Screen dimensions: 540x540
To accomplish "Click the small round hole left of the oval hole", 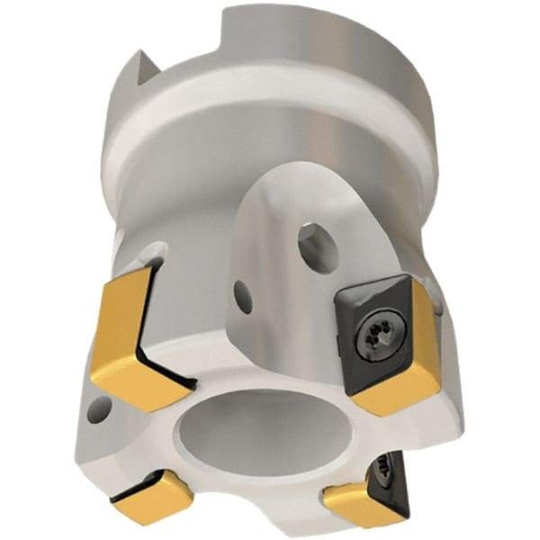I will point(242,296).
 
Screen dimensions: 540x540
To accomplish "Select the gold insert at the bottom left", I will point(153,496).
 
